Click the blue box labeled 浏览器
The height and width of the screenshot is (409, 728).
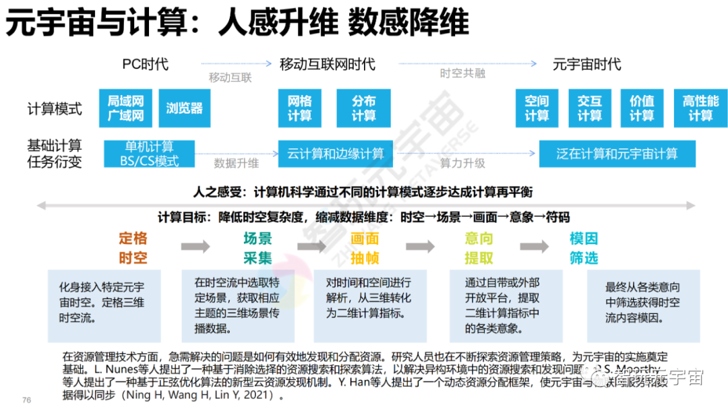[184, 108]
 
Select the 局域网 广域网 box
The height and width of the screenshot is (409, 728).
[125, 108]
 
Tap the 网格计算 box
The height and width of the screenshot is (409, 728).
[299, 108]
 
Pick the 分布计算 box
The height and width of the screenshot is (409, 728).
[363, 108]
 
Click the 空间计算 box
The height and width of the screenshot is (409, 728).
[537, 108]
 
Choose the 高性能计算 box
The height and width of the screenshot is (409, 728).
[700, 108]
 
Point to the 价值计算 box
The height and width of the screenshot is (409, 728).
[642, 108]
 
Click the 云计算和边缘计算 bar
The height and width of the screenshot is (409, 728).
[335, 154]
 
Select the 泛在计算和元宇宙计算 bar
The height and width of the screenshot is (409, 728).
[617, 154]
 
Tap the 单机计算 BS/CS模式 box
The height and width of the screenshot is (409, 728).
[149, 154]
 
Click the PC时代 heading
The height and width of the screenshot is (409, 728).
[145, 65]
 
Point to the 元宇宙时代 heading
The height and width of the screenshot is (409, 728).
[586, 65]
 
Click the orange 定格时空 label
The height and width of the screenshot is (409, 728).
[133, 248]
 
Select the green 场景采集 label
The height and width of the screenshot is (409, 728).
[257, 248]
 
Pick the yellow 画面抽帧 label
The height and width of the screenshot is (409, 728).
[364, 248]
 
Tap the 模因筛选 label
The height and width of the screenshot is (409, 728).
[583, 248]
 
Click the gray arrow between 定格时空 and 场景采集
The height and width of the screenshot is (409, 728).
[195, 247]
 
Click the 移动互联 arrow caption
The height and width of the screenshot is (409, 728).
[230, 77]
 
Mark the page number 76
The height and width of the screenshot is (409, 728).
[27, 400]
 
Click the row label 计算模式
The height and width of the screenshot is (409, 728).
[55, 108]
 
